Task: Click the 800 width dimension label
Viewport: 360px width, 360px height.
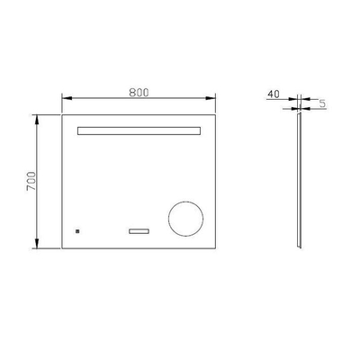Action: tap(138, 91)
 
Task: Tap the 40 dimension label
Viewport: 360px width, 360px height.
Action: tap(274, 92)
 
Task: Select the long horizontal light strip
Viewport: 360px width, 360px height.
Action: tap(139, 131)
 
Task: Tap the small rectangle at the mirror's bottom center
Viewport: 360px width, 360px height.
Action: tap(139, 231)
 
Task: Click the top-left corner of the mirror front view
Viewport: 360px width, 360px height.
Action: tap(61, 114)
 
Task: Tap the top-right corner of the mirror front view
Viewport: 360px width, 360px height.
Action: tap(217, 114)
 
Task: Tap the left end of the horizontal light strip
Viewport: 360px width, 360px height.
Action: tap(79, 131)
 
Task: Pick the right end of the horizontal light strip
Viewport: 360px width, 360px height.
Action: tap(200, 131)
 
